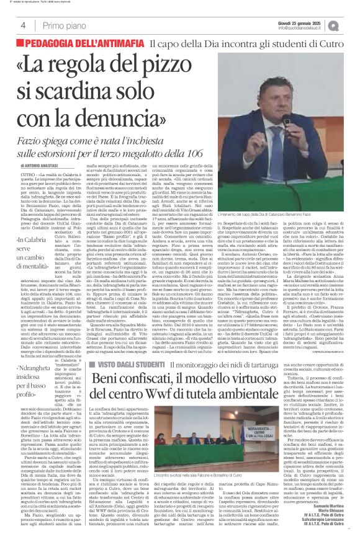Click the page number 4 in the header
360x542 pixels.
(x=23, y=25)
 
